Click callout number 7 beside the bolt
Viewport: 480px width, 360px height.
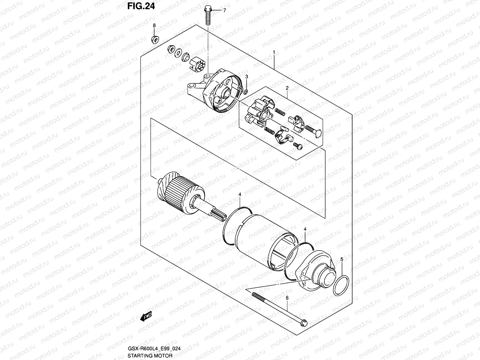tap(224, 10)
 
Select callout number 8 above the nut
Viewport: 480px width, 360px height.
tap(154, 26)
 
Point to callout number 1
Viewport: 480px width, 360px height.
tap(274, 52)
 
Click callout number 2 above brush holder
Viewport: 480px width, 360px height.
tap(287, 88)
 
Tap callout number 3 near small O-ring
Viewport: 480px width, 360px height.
tap(246, 77)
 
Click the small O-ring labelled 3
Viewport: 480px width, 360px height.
tap(245, 91)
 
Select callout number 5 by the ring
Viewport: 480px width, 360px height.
tap(342, 259)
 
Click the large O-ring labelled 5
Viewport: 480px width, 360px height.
tap(341, 286)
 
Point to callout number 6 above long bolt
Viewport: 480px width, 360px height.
tap(287, 298)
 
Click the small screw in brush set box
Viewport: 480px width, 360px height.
tap(298, 145)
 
